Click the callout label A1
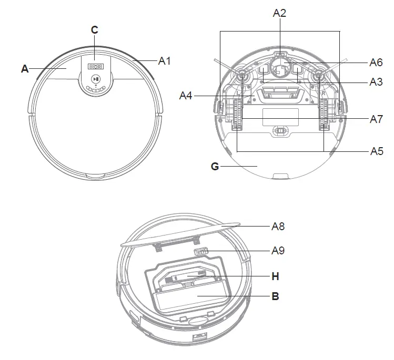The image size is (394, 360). [x=165, y=61]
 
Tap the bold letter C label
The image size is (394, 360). [x=95, y=30]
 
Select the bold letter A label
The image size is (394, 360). [x=25, y=68]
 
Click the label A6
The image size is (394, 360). [x=376, y=62]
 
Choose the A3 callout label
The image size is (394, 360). [x=376, y=83]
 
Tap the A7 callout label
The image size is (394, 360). [x=376, y=119]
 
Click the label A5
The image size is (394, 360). [x=376, y=151]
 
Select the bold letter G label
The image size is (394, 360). [x=215, y=167]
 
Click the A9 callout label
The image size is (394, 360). [x=278, y=251]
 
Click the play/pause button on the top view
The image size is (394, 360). [x=95, y=79]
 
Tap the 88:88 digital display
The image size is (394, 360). [x=95, y=67]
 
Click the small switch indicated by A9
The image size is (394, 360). [x=202, y=252]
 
